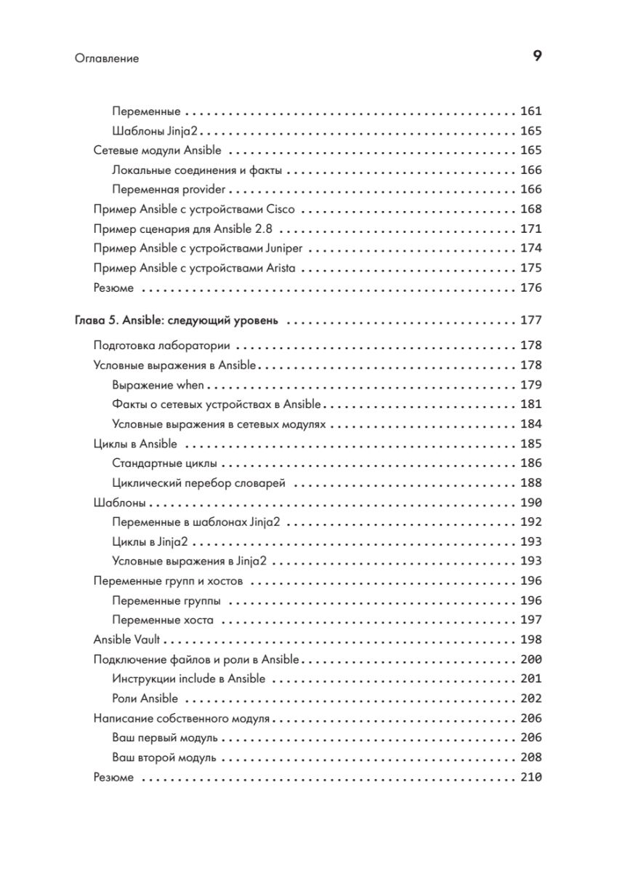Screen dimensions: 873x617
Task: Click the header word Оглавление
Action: tap(106, 58)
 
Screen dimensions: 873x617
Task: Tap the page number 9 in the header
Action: tap(537, 57)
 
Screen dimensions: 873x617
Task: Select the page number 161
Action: tap(531, 112)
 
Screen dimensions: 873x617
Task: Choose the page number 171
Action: tap(531, 229)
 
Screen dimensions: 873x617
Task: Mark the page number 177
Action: tap(531, 320)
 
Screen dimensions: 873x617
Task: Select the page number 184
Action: tap(531, 424)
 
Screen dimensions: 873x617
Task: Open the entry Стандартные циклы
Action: tap(166, 463)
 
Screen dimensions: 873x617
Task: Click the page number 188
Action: tap(531, 483)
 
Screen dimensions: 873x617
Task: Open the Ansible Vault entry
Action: tap(127, 639)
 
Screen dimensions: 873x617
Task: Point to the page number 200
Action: tap(531, 660)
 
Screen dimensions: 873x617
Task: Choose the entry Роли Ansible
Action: tap(145, 699)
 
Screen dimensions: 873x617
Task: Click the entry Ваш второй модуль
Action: tap(164, 757)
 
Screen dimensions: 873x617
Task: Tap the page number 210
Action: tap(531, 777)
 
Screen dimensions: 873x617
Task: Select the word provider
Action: tap(206, 190)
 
